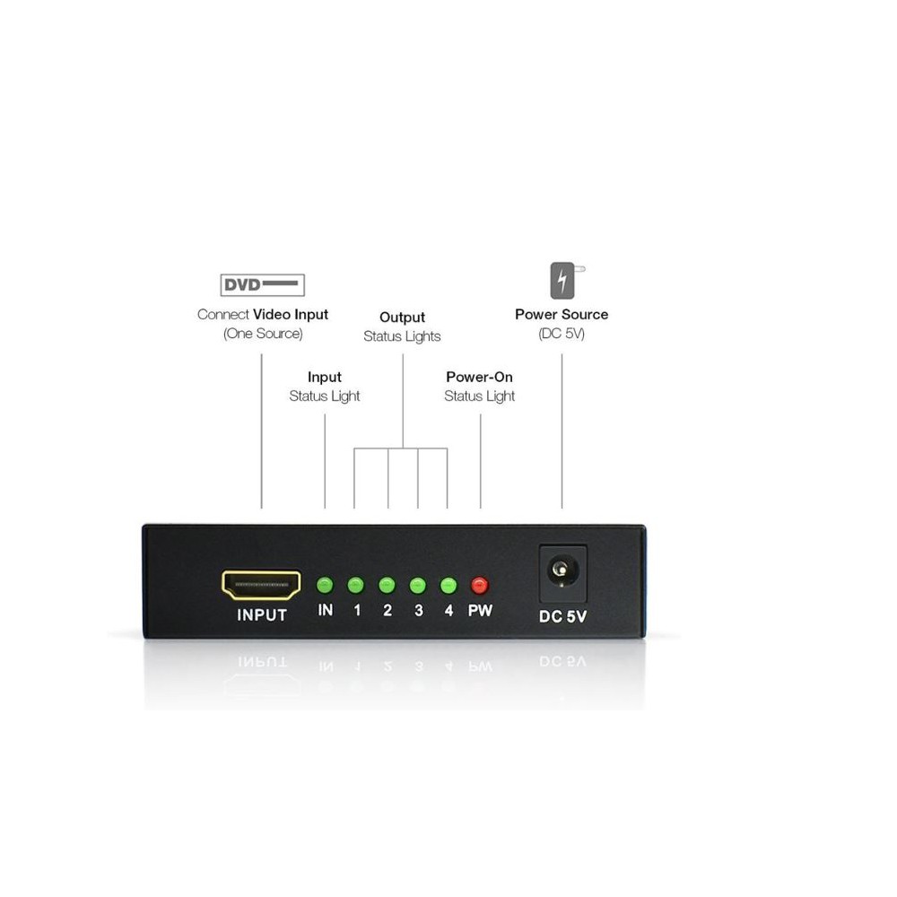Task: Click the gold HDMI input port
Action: [261, 585]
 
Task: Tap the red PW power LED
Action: [479, 585]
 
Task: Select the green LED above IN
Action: [325, 585]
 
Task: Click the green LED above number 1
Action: [356, 585]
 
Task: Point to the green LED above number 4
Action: [448, 585]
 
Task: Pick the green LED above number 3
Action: [418, 585]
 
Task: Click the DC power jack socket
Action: [563, 572]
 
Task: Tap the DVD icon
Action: [263, 285]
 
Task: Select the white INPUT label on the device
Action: [261, 615]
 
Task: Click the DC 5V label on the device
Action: [563, 616]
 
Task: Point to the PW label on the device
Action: [480, 610]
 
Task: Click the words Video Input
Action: [291, 315]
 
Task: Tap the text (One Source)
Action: [263, 334]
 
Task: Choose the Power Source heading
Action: [562, 315]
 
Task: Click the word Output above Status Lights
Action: [402, 318]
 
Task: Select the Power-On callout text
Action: [479, 377]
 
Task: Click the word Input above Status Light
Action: [325, 378]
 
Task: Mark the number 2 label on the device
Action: [388, 610]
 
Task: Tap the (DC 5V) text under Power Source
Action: [562, 334]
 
